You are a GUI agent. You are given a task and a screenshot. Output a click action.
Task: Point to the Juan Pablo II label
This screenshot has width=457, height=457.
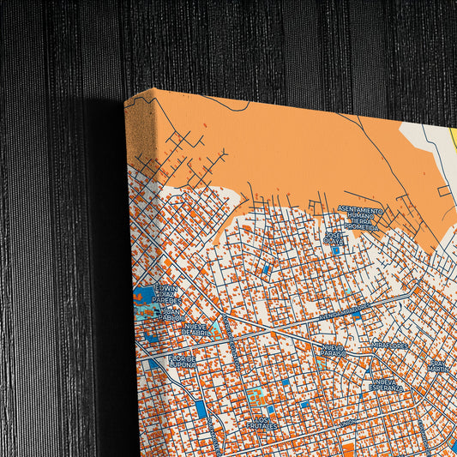click(x=172, y=313)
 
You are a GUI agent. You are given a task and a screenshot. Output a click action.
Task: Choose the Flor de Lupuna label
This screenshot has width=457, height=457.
click(x=182, y=361)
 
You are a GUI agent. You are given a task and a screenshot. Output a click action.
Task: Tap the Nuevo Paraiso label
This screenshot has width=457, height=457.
click(x=334, y=350)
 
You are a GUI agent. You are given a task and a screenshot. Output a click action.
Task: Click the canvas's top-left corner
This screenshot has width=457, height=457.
click(x=126, y=102)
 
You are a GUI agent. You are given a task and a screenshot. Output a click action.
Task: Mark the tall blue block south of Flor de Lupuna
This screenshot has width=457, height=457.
click(x=202, y=409)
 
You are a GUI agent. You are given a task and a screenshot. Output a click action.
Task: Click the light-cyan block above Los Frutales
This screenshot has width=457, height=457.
click(x=256, y=395)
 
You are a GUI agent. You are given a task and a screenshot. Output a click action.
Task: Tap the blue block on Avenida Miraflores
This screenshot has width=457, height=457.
click(x=355, y=315)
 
